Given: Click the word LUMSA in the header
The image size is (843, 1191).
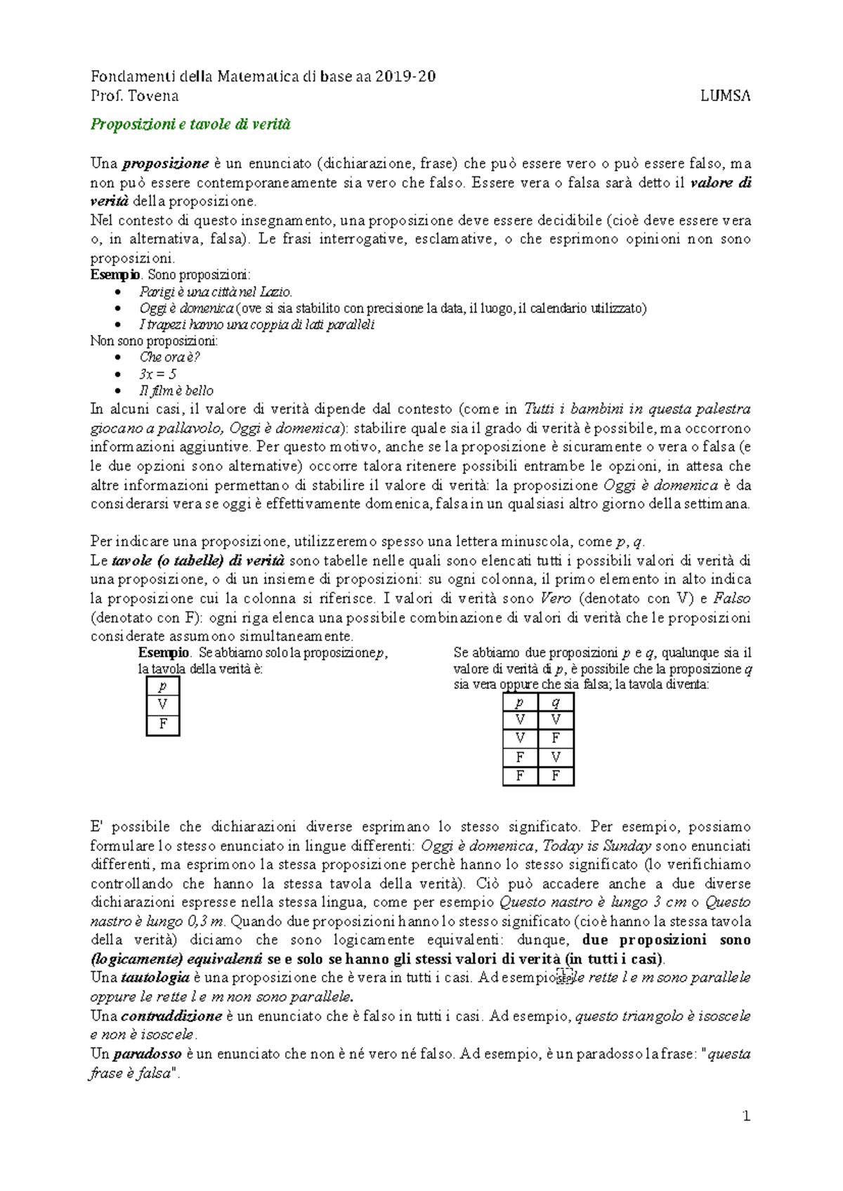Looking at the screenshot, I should (725, 96).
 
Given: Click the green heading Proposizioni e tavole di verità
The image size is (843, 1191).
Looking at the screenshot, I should (190, 124).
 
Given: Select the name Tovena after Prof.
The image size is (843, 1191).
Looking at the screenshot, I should (153, 96).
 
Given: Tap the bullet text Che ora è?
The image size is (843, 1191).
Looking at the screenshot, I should (169, 357).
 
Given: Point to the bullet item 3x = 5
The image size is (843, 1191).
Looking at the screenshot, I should (157, 374).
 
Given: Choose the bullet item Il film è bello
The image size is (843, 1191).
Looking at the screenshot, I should (176, 390).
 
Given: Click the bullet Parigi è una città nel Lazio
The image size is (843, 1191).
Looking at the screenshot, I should (215, 291).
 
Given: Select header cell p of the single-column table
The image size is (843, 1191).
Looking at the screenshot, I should (163, 686).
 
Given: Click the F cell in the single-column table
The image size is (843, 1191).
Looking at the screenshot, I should (163, 724).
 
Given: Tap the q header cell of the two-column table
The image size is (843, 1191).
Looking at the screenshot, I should (556, 702).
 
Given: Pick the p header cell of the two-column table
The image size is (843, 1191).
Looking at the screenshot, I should (520, 702).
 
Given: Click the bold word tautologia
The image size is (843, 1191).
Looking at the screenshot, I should (155, 978).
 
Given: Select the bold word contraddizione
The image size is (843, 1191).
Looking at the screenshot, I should (171, 1016).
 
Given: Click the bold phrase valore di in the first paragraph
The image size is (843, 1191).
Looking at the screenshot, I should (721, 183).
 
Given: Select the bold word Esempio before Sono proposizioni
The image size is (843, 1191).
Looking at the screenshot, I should (115, 275).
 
